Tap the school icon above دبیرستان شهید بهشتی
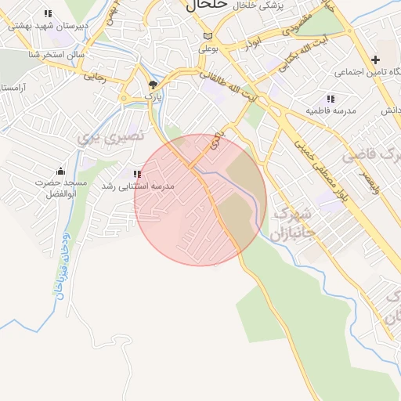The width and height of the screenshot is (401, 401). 49,13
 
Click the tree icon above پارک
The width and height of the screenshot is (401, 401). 153,84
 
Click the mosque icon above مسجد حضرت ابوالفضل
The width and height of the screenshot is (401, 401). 60,172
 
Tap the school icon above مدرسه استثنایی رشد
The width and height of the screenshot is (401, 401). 137,175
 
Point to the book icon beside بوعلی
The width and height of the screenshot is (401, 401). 207,36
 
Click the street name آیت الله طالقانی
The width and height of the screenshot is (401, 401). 227,88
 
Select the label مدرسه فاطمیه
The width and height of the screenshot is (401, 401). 331,110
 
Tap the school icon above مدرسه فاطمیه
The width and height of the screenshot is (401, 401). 331,99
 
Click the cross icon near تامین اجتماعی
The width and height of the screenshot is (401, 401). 376,60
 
